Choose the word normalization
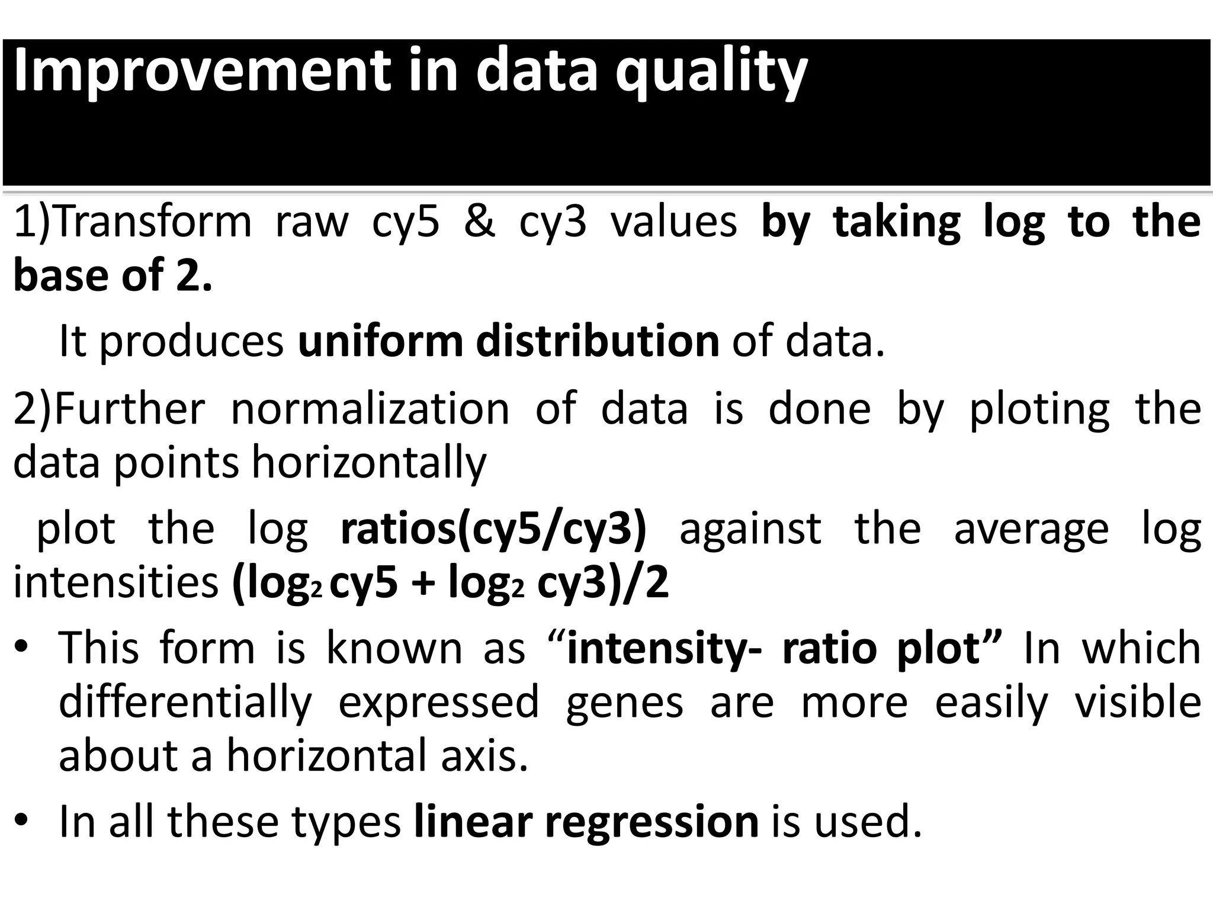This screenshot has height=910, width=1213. [x=370, y=408]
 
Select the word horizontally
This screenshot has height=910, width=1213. [x=369, y=463]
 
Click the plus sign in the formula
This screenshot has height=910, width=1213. [x=422, y=584]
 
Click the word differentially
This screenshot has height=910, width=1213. [x=185, y=702]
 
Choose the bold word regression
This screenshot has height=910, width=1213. [x=652, y=823]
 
